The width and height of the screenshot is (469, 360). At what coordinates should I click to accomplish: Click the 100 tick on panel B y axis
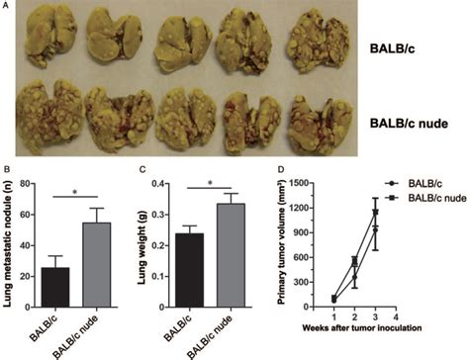tap(30, 188)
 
